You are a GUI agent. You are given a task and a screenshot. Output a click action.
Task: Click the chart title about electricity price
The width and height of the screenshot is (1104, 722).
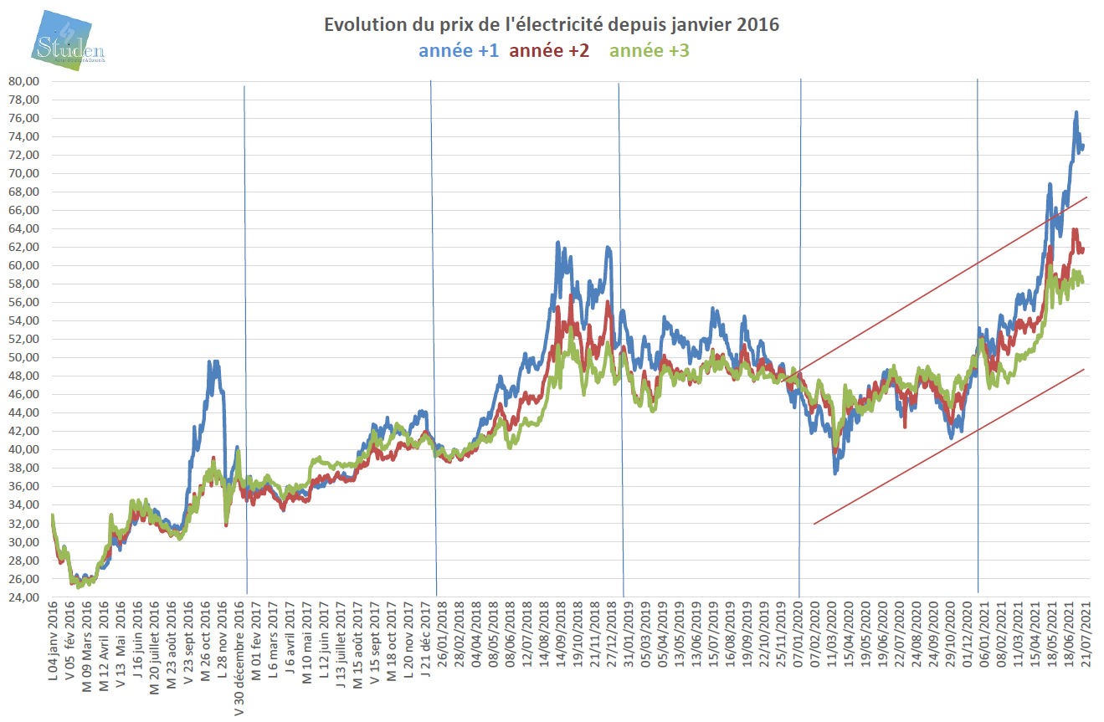[552, 25]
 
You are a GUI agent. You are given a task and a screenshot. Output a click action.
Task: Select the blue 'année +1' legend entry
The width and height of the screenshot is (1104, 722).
[459, 51]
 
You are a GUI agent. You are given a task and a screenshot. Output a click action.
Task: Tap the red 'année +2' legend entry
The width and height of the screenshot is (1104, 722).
[549, 51]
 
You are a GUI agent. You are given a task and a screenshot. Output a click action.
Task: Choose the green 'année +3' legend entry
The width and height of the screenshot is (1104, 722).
[650, 51]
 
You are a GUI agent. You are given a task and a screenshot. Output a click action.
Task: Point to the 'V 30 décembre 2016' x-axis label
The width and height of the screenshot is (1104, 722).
[239, 656]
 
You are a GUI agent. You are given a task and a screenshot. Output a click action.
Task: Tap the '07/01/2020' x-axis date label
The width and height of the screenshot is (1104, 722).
[796, 633]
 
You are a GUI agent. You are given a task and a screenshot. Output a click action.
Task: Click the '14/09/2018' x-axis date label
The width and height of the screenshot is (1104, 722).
[544, 633]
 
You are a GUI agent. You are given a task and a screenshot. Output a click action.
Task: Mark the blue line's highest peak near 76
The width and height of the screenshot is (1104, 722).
[1076, 112]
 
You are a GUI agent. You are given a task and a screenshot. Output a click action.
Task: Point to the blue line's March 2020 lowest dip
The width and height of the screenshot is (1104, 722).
[834, 473]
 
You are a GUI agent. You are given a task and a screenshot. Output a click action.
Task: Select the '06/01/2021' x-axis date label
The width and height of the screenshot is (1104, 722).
[984, 633]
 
